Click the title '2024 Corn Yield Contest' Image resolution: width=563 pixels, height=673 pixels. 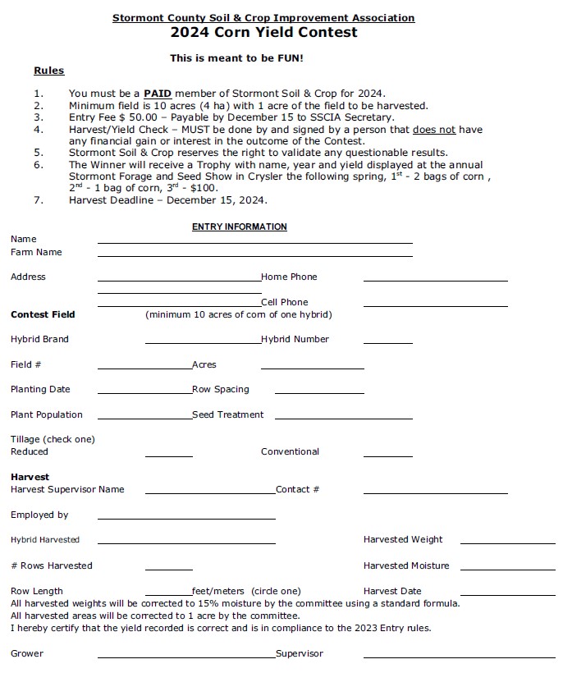tap(263, 33)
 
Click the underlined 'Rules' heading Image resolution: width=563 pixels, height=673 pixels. tap(48, 71)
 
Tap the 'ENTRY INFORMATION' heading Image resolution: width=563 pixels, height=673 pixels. tap(240, 227)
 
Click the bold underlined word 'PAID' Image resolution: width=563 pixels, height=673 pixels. tap(158, 94)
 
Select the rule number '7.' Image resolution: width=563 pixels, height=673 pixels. tap(39, 200)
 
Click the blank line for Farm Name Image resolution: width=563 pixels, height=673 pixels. tap(254, 255)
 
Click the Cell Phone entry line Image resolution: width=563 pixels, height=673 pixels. tap(435, 305)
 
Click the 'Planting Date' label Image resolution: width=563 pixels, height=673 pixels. tap(40, 390)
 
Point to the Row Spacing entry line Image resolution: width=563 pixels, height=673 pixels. tap(318, 392)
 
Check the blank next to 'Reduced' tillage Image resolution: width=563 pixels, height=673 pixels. tap(168, 455)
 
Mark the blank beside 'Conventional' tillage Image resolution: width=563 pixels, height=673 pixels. tap(387, 455)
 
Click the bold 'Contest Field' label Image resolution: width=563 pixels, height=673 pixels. tap(43, 314)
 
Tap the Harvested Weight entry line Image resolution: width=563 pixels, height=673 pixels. tap(507, 543)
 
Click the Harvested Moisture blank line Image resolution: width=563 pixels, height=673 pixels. tap(507, 568)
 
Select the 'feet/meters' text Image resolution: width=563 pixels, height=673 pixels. tap(217, 591)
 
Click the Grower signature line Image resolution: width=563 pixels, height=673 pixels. tap(185, 657)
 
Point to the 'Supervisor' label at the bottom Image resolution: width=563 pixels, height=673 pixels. tap(300, 654)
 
